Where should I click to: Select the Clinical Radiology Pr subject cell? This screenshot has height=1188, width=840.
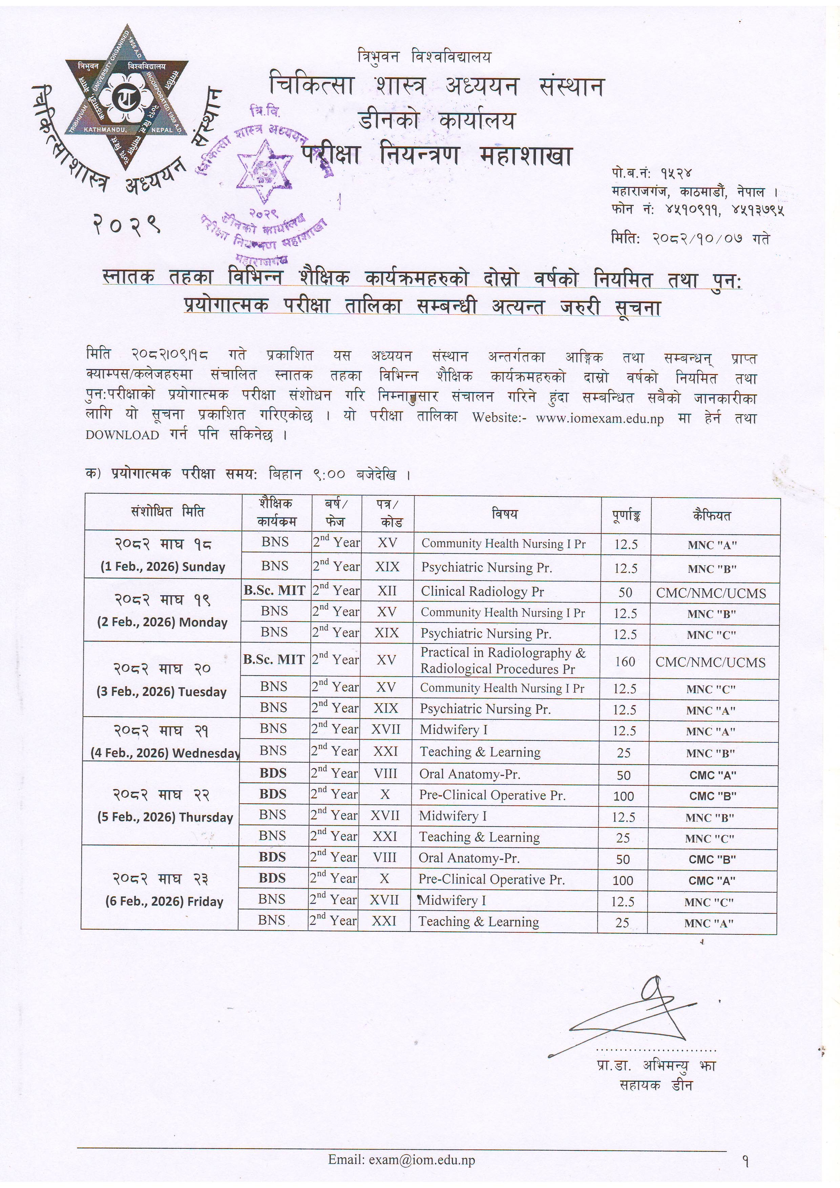482,591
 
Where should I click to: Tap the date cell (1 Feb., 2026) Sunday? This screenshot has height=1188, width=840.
163,567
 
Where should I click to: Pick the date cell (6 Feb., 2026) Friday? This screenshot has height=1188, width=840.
164,901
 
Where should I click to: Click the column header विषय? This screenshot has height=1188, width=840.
505,514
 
